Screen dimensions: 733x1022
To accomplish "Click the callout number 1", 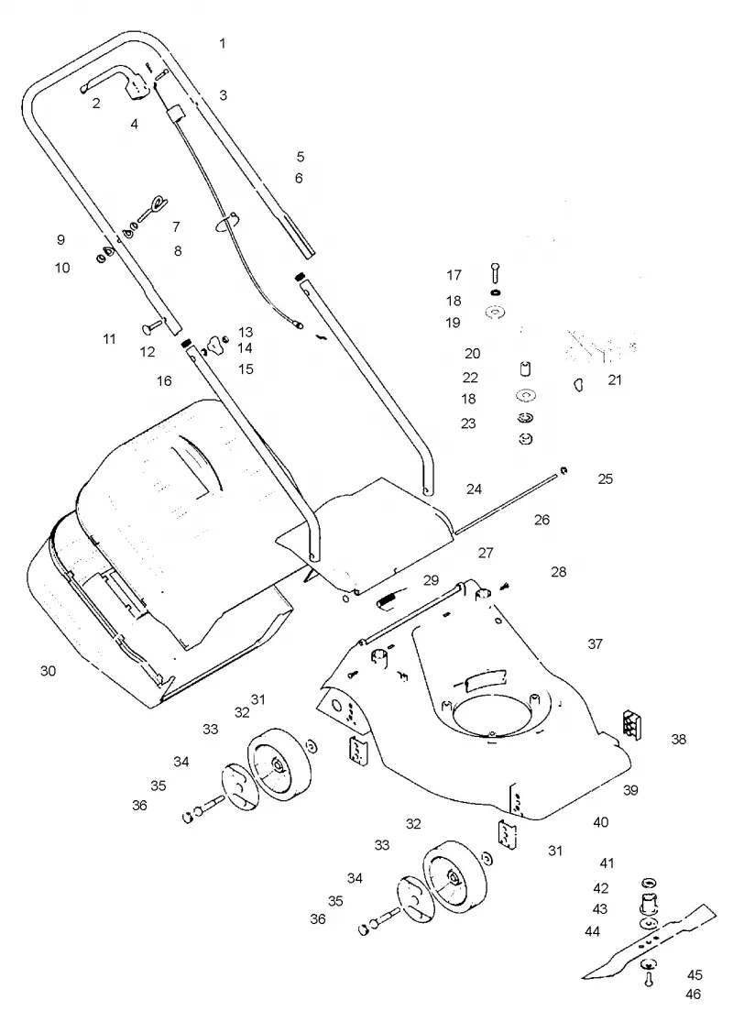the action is (x=222, y=43).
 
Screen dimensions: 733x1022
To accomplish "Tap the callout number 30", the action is (x=49, y=671).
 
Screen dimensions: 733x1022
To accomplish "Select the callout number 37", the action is (x=595, y=644).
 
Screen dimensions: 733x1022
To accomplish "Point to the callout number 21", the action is (x=615, y=379).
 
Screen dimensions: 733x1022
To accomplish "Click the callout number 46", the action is (x=694, y=995).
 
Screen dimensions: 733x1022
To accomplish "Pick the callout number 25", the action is (x=606, y=478).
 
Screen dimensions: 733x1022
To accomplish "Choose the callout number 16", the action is (x=164, y=380).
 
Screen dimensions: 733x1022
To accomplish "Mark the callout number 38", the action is (x=678, y=739).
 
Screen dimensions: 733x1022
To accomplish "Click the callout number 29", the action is (x=431, y=580).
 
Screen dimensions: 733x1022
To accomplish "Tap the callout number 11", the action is (x=109, y=339).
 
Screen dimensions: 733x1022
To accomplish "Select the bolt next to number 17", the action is (x=494, y=272).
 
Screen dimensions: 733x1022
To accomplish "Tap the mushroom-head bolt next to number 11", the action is (x=154, y=323).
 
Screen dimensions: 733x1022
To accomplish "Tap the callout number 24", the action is (x=474, y=489).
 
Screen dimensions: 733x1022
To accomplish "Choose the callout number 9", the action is (x=60, y=239).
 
